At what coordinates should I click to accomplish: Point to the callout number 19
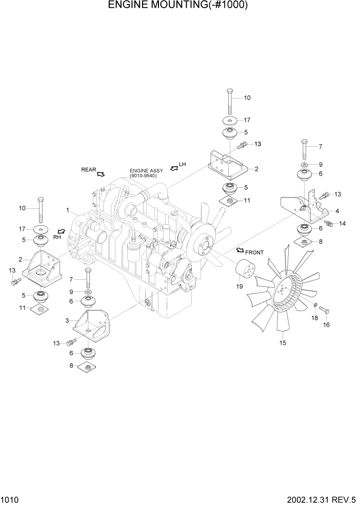[239, 286]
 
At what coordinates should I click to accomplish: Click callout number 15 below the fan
[282, 342]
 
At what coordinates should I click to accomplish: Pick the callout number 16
[325, 324]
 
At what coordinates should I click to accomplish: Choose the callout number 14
[343, 224]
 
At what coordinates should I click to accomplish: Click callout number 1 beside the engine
[67, 210]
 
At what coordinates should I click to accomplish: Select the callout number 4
[337, 210]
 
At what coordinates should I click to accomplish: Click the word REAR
[88, 169]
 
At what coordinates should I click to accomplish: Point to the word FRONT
[255, 252]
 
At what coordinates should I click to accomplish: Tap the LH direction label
[182, 165]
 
